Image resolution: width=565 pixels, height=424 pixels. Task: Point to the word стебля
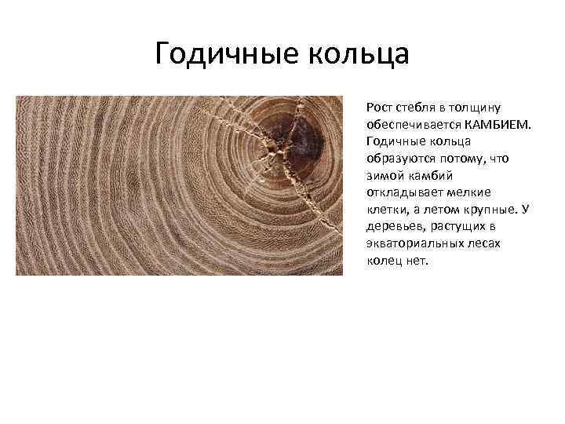pos(415,107)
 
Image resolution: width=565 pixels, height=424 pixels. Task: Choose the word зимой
pos(383,175)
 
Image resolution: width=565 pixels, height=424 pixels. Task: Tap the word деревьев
pos(392,226)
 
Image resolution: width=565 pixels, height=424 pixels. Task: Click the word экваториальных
pos(416,243)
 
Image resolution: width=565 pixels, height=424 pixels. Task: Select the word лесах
pos(486,243)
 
